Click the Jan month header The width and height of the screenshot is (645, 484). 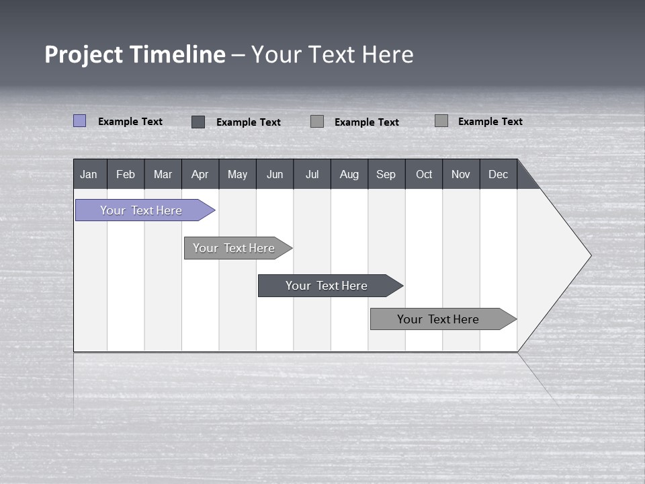click(x=89, y=174)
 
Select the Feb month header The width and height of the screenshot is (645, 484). click(x=126, y=174)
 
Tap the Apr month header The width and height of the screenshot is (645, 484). click(x=200, y=174)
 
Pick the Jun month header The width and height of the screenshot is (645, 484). click(x=275, y=174)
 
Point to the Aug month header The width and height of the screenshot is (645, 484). click(x=349, y=174)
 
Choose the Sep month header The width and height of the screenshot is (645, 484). click(x=386, y=174)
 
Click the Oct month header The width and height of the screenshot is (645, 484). click(x=424, y=174)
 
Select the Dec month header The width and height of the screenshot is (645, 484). click(x=498, y=174)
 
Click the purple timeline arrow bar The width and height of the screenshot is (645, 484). click(x=141, y=210)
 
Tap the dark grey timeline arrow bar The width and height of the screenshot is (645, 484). click(x=327, y=286)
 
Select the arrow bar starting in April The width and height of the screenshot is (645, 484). click(x=234, y=248)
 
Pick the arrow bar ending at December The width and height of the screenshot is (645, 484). click(x=438, y=319)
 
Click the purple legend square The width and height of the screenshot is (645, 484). click(x=79, y=121)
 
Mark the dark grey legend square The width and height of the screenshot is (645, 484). click(x=198, y=122)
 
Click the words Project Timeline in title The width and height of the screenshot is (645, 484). click(x=135, y=54)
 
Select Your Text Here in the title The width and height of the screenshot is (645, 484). click(x=333, y=54)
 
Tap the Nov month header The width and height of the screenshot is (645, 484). click(x=460, y=174)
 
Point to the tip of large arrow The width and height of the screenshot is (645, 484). click(x=590, y=255)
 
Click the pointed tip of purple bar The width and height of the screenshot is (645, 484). click(x=214, y=210)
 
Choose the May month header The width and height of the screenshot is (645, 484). click(x=237, y=174)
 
